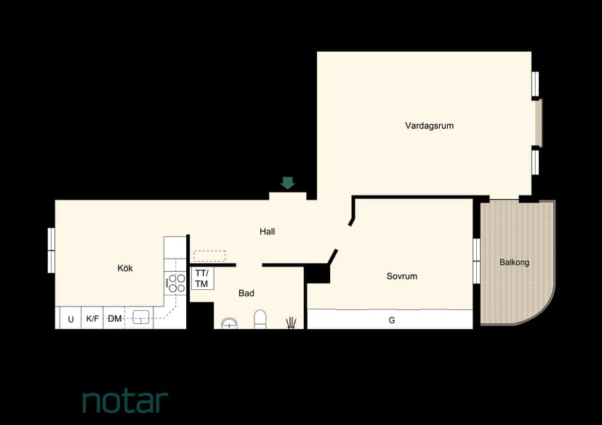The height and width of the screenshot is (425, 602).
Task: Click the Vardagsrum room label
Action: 429,126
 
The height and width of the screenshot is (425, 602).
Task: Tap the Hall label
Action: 268,231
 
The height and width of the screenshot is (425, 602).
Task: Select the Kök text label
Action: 125,268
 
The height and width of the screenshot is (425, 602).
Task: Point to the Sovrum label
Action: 401,276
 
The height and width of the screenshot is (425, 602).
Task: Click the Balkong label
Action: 514,262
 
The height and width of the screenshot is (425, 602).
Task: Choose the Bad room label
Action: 246,293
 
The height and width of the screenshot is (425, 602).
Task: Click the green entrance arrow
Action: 288,182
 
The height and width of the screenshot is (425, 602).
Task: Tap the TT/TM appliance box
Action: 202,278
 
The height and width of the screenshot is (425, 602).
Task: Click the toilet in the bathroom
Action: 260,320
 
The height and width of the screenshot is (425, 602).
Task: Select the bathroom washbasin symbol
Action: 229,323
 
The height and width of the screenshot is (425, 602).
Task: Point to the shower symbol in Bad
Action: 291,323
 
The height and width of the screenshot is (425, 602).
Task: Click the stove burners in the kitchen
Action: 177,283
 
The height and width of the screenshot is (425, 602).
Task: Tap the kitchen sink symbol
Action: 141,317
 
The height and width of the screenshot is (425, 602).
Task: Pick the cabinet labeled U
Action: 71,319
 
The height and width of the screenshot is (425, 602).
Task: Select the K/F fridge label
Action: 92,318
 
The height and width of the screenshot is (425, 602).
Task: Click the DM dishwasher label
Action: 115,318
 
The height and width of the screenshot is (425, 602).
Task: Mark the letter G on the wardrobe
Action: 392,320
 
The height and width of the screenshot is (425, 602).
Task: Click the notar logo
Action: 126,401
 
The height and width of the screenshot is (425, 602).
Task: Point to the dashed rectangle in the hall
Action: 209,256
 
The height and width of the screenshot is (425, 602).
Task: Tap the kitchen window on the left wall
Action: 51,251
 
